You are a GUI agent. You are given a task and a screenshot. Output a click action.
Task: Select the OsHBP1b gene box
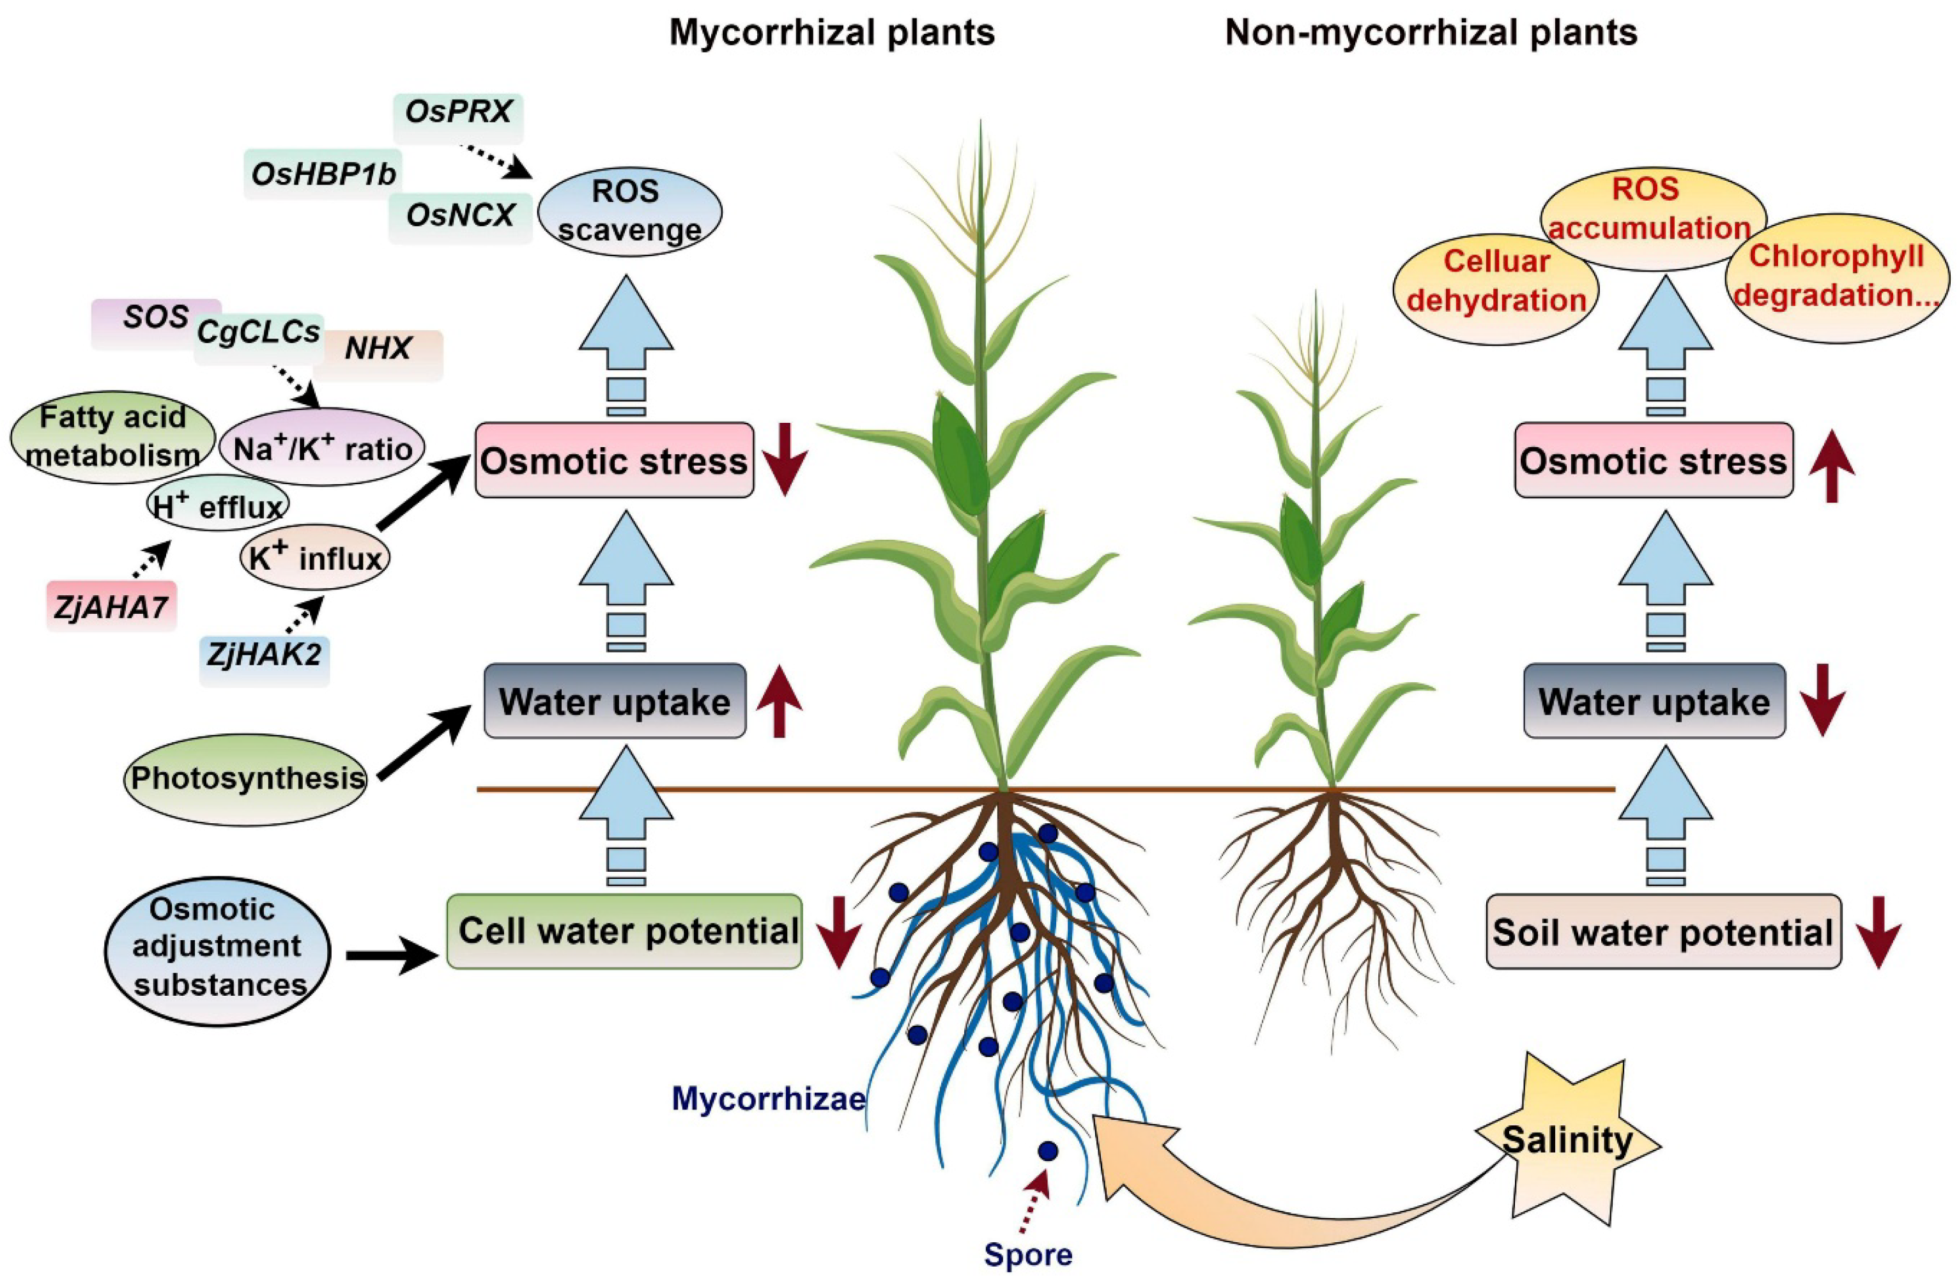click(323, 174)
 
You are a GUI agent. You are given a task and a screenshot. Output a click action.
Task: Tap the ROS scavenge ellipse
click(630, 211)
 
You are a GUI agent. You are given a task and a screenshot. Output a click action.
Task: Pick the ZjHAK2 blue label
click(265, 656)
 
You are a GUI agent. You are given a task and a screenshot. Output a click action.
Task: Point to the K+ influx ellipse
click(315, 559)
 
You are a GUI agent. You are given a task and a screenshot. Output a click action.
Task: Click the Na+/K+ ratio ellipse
click(322, 449)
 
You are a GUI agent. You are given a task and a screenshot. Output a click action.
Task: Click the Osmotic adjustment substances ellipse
click(218, 947)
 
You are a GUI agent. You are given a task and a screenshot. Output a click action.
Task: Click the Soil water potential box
click(1663, 933)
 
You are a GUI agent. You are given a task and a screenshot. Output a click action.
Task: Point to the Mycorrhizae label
click(768, 1099)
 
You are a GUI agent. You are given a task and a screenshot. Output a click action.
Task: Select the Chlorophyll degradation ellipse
click(1836, 277)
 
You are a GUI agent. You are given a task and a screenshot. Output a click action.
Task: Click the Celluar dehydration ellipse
click(1496, 282)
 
